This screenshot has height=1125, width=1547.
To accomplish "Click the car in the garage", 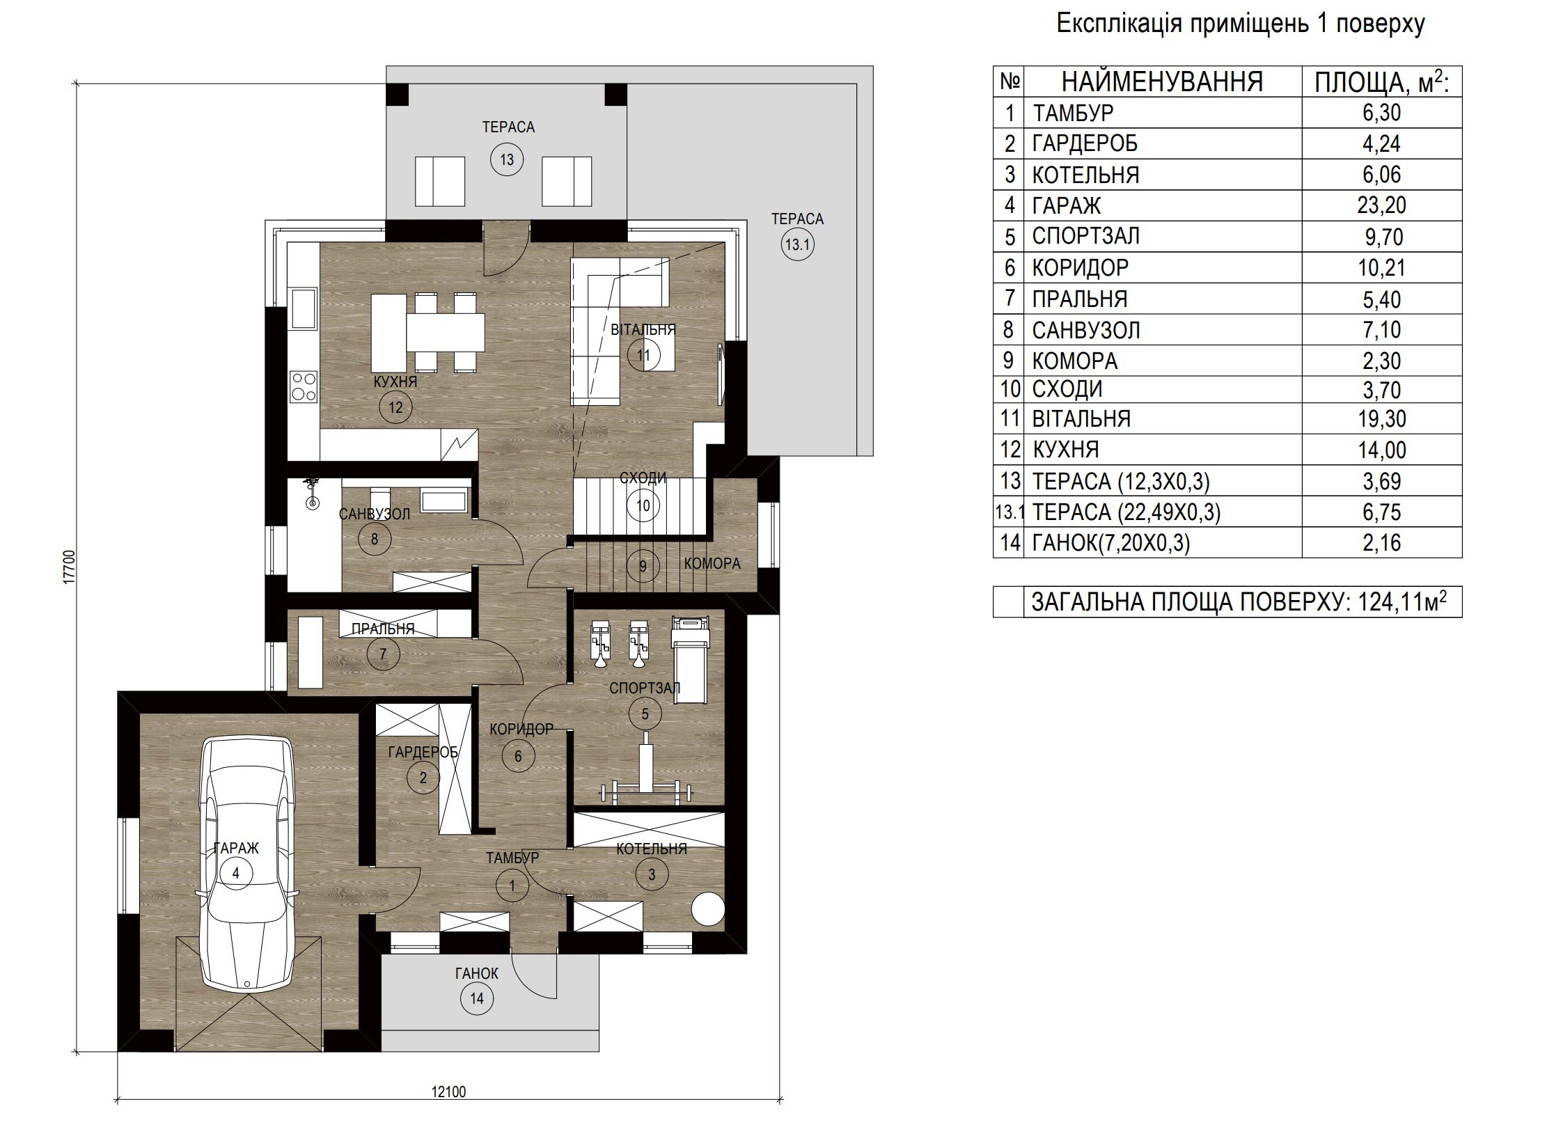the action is (248, 863).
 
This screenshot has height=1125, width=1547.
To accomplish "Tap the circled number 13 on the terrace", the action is (507, 159).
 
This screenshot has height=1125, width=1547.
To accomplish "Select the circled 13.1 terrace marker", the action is (797, 244).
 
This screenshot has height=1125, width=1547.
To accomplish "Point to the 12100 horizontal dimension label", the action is (448, 1092).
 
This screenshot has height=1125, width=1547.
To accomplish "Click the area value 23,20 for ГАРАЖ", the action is (1381, 205).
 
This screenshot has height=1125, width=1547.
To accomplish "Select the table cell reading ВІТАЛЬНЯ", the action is (1081, 419).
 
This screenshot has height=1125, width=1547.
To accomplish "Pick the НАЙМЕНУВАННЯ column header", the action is (1162, 82).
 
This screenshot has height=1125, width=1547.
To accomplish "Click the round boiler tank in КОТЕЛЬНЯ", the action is (708, 908).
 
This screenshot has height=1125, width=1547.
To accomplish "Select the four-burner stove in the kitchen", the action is (303, 386).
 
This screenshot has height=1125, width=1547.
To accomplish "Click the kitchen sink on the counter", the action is (303, 309).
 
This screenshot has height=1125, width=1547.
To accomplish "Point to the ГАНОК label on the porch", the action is (477, 973).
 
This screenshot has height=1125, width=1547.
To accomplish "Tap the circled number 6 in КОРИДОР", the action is (518, 756).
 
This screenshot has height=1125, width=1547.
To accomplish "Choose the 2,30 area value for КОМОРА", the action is (1381, 361).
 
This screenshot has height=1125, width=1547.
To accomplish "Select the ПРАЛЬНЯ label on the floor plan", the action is (383, 629).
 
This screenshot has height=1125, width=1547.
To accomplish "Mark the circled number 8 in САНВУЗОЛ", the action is (375, 539).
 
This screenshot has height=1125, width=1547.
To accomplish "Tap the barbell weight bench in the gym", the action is (645, 771).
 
